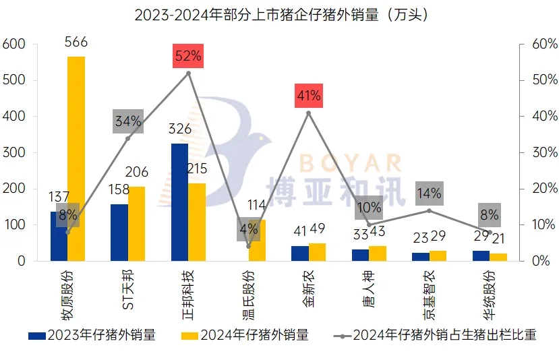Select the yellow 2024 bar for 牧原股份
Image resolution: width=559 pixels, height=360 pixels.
(76, 158)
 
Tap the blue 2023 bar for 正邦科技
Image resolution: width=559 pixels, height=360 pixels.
(180, 202)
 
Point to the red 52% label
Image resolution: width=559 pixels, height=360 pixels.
(188, 55)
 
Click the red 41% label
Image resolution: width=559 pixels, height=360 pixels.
(309, 96)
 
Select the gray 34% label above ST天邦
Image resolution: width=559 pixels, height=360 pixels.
(128, 121)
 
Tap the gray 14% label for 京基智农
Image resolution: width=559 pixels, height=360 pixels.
(429, 193)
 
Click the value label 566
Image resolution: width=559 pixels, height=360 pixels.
(76, 42)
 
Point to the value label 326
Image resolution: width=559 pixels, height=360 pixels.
(180, 129)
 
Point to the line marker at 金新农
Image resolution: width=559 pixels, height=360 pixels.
(309, 113)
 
